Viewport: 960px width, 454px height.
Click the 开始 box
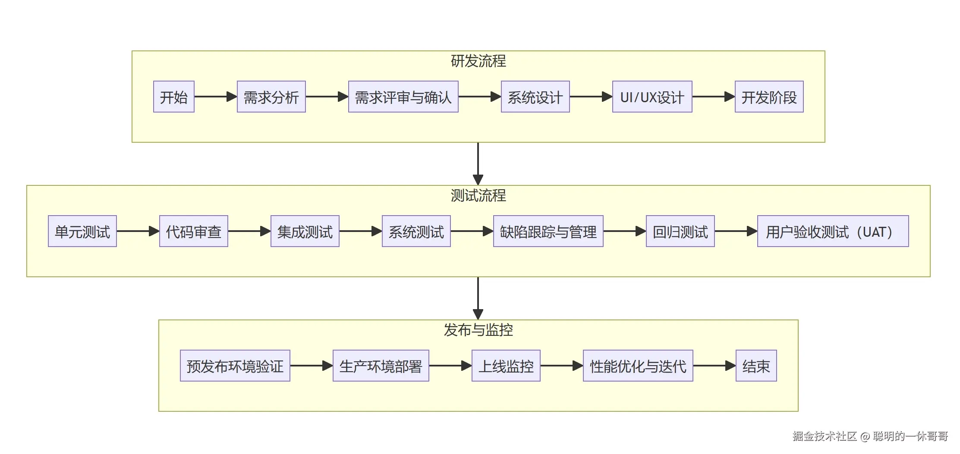click(173, 97)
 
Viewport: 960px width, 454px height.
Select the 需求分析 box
click(271, 97)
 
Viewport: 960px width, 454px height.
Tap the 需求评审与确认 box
click(403, 97)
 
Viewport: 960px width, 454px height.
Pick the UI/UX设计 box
click(652, 97)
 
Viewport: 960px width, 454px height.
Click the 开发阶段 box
click(769, 97)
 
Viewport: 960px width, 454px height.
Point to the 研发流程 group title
click(478, 61)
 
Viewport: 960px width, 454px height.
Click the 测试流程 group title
click(478, 196)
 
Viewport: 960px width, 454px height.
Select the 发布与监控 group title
click(478, 330)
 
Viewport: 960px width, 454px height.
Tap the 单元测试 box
click(82, 231)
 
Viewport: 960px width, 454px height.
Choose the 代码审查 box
click(193, 231)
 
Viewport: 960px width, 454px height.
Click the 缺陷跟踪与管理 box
click(548, 231)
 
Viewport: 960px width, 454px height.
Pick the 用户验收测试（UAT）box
click(833, 231)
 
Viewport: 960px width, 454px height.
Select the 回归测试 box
click(680, 231)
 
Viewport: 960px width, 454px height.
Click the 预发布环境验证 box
click(235, 366)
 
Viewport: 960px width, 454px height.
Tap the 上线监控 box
click(506, 366)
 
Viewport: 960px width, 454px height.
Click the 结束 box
click(756, 366)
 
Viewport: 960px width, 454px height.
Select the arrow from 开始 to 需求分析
click(215, 97)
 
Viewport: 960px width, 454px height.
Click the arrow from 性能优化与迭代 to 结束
click(714, 366)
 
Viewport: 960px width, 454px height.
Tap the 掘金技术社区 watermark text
click(824, 436)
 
